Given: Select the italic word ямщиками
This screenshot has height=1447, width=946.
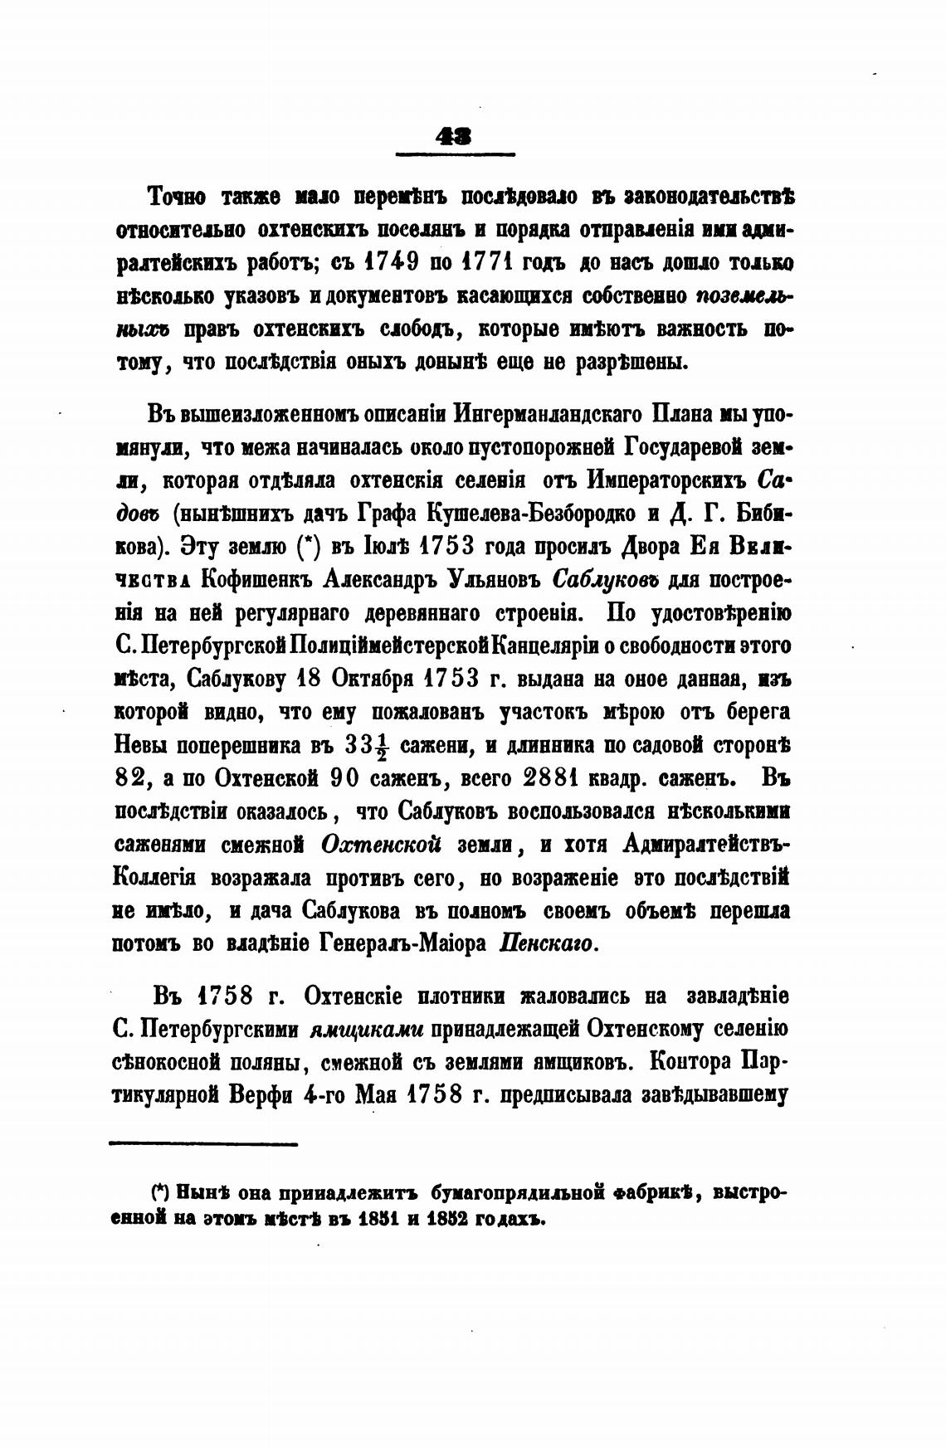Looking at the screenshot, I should [x=366, y=1030].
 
